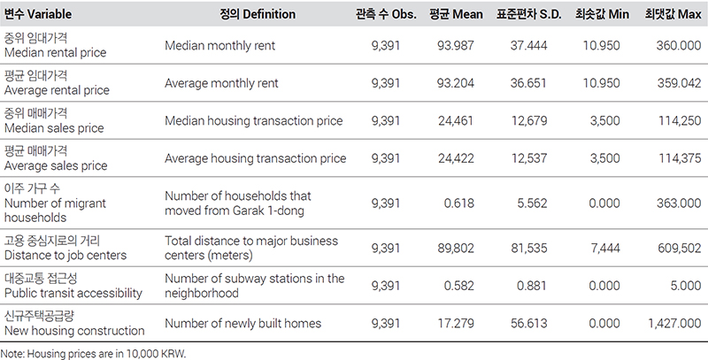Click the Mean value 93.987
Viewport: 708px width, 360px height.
point(456,46)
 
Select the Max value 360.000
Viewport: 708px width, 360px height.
point(679,46)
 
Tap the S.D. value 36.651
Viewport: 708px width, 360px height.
point(528,83)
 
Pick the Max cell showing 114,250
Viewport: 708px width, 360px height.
point(680,121)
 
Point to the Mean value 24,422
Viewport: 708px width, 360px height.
point(456,158)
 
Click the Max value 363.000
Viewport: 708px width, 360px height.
point(679,203)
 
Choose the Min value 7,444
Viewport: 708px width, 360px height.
point(605,249)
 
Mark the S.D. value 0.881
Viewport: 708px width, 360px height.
point(532,286)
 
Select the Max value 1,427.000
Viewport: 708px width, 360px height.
point(674,323)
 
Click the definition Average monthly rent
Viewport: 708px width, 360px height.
point(221,83)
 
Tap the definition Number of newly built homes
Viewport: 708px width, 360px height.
point(242,324)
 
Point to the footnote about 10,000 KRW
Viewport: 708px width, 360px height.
point(93,354)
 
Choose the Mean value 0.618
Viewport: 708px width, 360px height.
point(459,203)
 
